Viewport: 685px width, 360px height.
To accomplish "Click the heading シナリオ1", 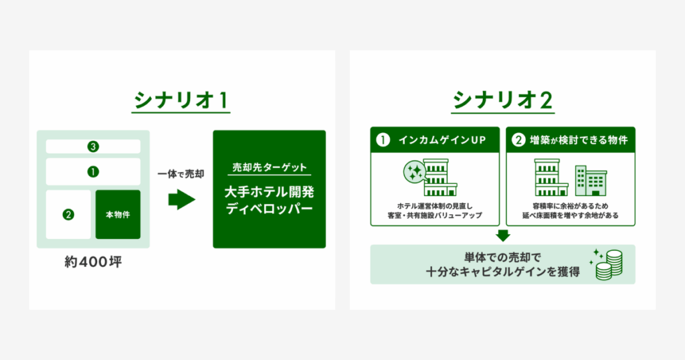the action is pos(181,100).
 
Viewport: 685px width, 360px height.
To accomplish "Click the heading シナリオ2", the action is pos(503,100).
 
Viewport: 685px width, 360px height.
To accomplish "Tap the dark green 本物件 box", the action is pos(118,215).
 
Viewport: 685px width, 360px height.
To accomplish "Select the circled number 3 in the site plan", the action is pos(93,147).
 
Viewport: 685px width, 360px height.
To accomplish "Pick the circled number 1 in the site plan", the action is pos(93,172).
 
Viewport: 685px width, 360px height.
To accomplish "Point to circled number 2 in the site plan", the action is pos(68,215).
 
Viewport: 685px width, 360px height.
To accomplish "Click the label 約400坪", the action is pos(93,262).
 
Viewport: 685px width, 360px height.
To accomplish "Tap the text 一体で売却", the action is pos(181,174).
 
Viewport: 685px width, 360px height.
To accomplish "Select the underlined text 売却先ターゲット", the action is pos(270,167).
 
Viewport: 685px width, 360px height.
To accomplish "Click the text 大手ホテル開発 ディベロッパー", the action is pos(270,201).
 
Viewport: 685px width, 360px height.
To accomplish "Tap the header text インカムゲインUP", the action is pos(442,141).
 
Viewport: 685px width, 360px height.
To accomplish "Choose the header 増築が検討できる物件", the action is pos(579,141).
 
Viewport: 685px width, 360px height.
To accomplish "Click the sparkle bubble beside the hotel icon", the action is pos(414,172).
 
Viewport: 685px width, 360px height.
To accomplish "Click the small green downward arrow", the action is pos(503,236).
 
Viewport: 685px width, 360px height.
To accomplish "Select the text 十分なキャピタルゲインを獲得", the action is pos(503,272).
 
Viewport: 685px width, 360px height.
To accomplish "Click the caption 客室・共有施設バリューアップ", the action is pos(435,215).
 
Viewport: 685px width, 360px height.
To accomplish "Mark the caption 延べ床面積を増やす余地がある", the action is pos(571,215).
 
